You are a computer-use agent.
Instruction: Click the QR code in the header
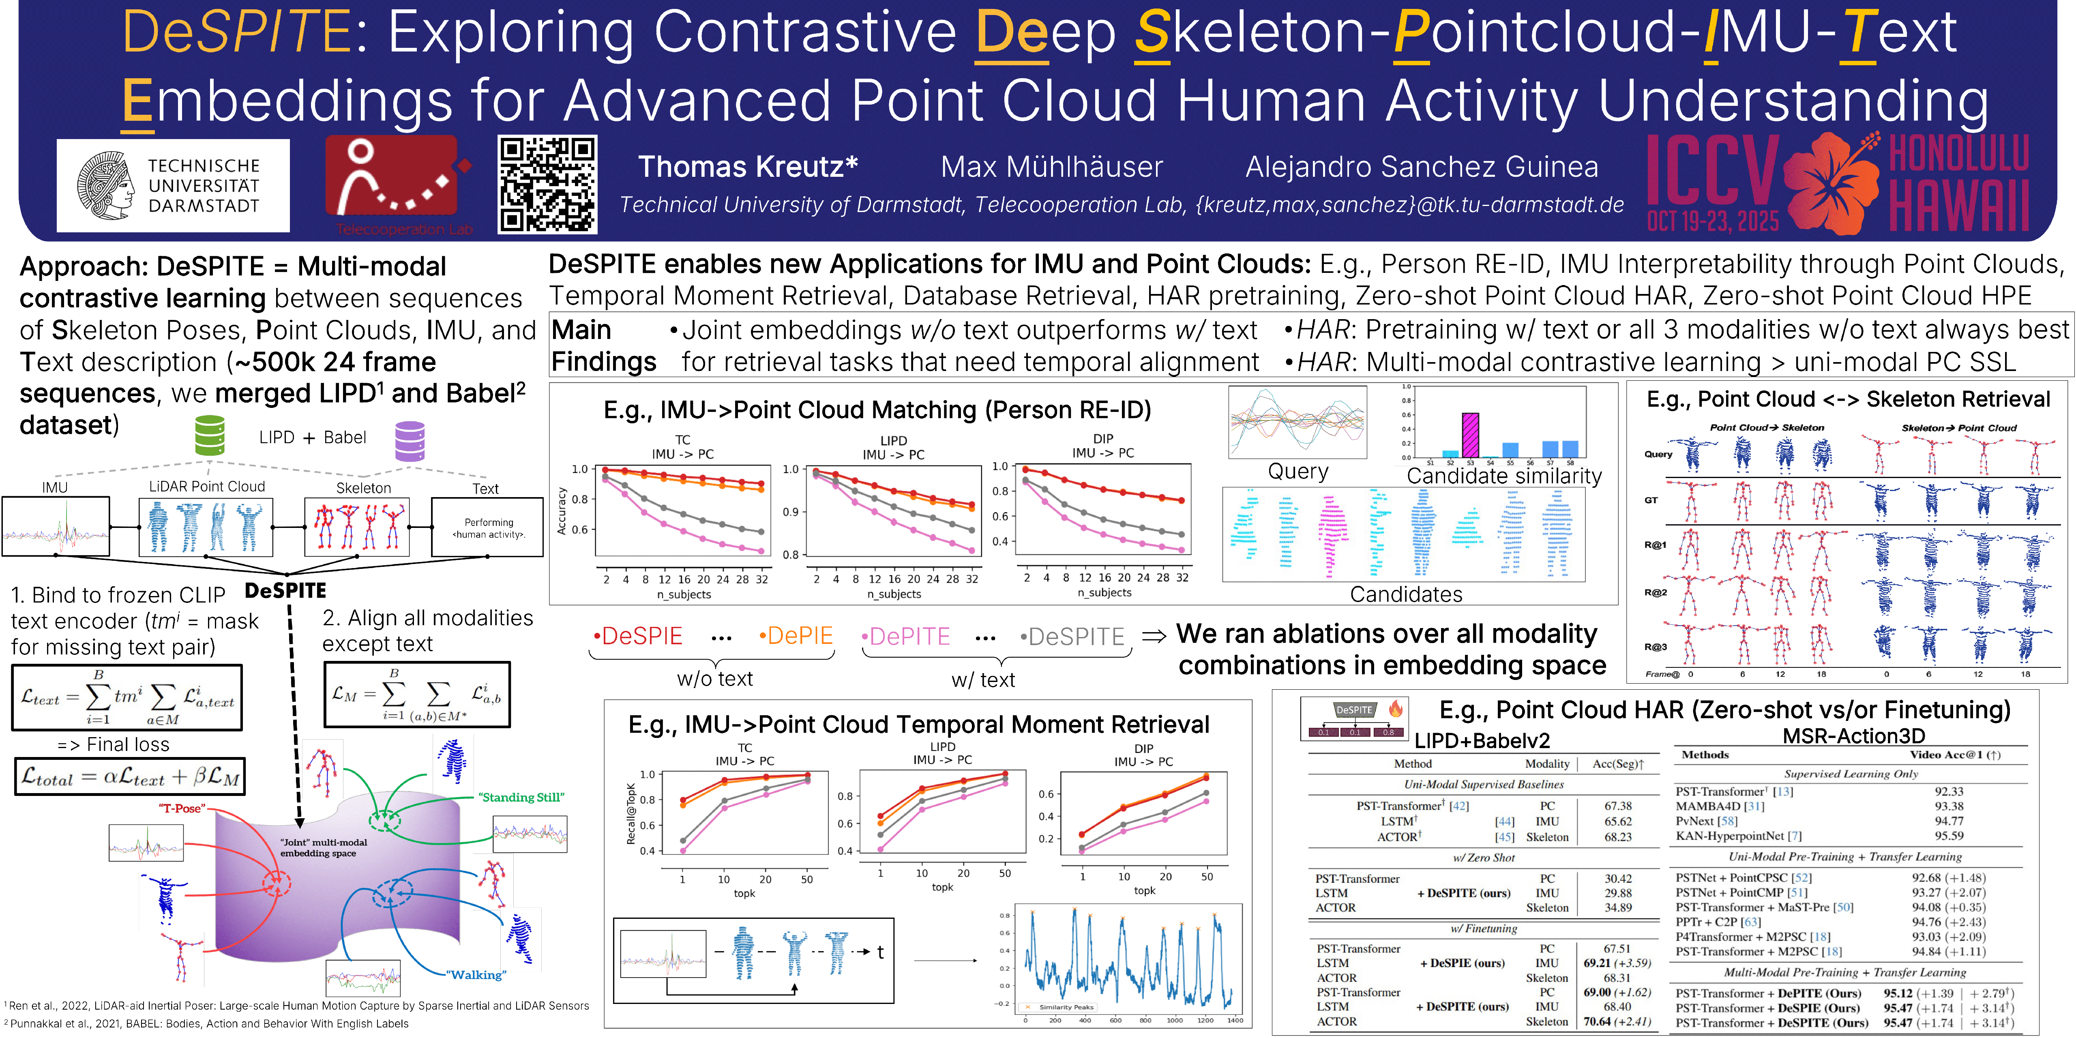point(547,184)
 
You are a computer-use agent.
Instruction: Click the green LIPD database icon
point(210,436)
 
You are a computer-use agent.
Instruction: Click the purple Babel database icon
point(410,441)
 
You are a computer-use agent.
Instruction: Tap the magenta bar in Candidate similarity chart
point(1470,435)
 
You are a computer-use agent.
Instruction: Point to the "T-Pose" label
point(181,809)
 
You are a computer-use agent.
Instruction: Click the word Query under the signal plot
point(1297,472)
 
